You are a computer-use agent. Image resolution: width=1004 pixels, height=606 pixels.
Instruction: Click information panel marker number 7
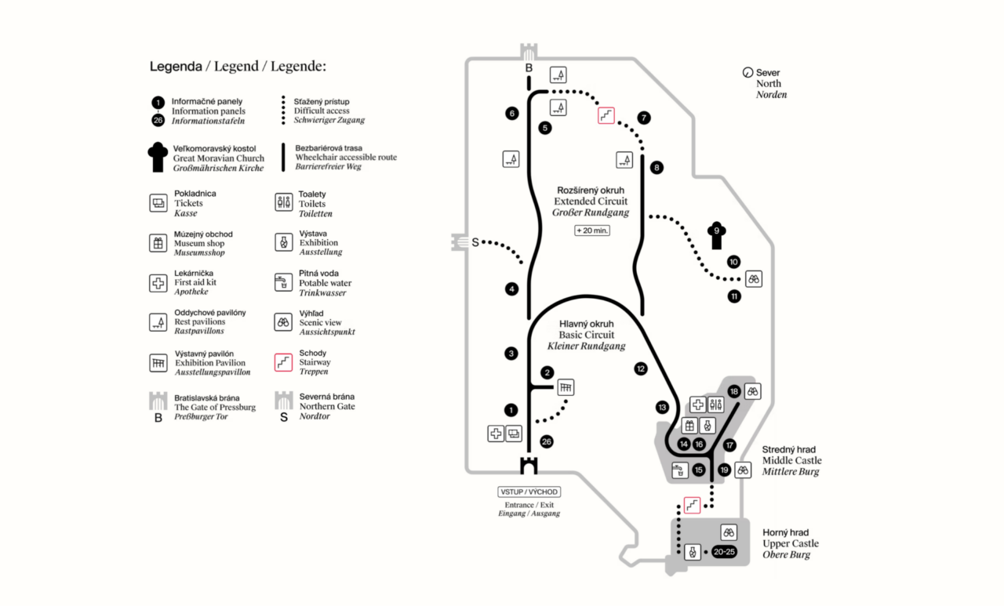(x=644, y=118)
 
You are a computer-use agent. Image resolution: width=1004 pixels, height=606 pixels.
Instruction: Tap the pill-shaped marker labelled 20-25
(x=725, y=552)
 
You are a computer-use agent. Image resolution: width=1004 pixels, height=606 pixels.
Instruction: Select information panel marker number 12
(x=641, y=368)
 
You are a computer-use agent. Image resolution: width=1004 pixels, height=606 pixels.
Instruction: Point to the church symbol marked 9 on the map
(x=716, y=235)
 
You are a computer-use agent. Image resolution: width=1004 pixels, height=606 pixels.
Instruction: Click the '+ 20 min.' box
(x=591, y=230)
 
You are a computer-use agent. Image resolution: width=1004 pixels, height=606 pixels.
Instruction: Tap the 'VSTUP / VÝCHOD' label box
(x=529, y=492)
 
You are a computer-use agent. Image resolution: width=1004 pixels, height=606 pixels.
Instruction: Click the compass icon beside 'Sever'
(x=748, y=73)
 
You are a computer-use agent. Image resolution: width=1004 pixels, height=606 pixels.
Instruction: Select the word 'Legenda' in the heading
(x=176, y=67)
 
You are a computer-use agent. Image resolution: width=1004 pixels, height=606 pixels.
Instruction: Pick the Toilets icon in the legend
(x=283, y=203)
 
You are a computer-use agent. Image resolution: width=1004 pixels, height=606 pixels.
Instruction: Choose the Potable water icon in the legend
(x=283, y=283)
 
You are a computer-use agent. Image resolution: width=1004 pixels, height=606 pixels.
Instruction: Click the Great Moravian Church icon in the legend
(x=158, y=157)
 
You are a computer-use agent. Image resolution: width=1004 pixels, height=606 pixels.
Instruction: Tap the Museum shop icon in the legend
(x=158, y=243)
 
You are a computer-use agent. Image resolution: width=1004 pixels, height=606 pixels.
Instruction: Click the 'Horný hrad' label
(x=786, y=533)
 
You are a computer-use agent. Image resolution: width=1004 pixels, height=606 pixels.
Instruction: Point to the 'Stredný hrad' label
(x=788, y=450)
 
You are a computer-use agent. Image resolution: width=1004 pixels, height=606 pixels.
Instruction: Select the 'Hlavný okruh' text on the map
(x=586, y=324)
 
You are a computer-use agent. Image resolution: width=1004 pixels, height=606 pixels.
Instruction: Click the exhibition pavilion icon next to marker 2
(x=566, y=386)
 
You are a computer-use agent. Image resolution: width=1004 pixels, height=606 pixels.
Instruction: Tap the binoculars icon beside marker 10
(x=754, y=278)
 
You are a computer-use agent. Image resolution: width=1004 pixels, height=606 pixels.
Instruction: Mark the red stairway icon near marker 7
(x=606, y=116)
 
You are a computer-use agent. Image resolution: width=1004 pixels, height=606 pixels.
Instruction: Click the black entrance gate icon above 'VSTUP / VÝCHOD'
(x=529, y=466)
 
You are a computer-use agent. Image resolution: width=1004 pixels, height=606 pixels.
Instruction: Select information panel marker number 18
(x=733, y=391)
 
